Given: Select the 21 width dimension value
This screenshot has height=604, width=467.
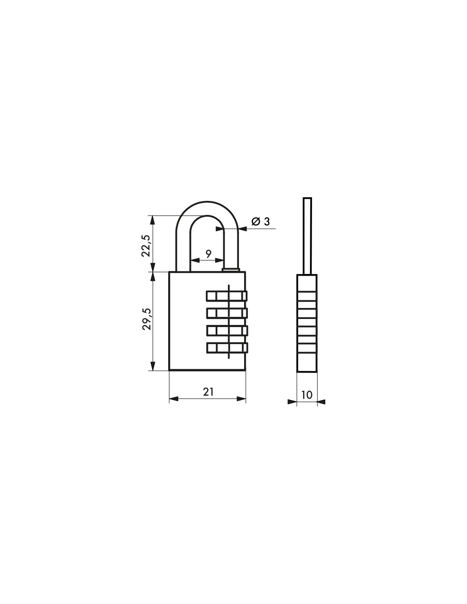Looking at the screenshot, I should coord(208,392).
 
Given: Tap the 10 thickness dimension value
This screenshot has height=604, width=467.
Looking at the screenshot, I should coord(307,395).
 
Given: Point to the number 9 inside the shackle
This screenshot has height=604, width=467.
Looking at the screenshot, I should coord(208,254).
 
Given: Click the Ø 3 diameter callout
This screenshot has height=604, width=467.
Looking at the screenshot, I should coord(260,221).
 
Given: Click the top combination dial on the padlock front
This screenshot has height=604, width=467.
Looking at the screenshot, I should coord(226,295).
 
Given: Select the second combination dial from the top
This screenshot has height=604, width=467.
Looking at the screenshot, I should coord(226,313).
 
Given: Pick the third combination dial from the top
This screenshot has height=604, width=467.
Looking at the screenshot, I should coord(226,330).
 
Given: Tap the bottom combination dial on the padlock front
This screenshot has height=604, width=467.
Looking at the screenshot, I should coord(226,348).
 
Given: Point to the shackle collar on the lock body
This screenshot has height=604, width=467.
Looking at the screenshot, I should coord(231,269).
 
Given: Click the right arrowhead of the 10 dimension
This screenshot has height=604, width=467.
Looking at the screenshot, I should coord(321,401).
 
